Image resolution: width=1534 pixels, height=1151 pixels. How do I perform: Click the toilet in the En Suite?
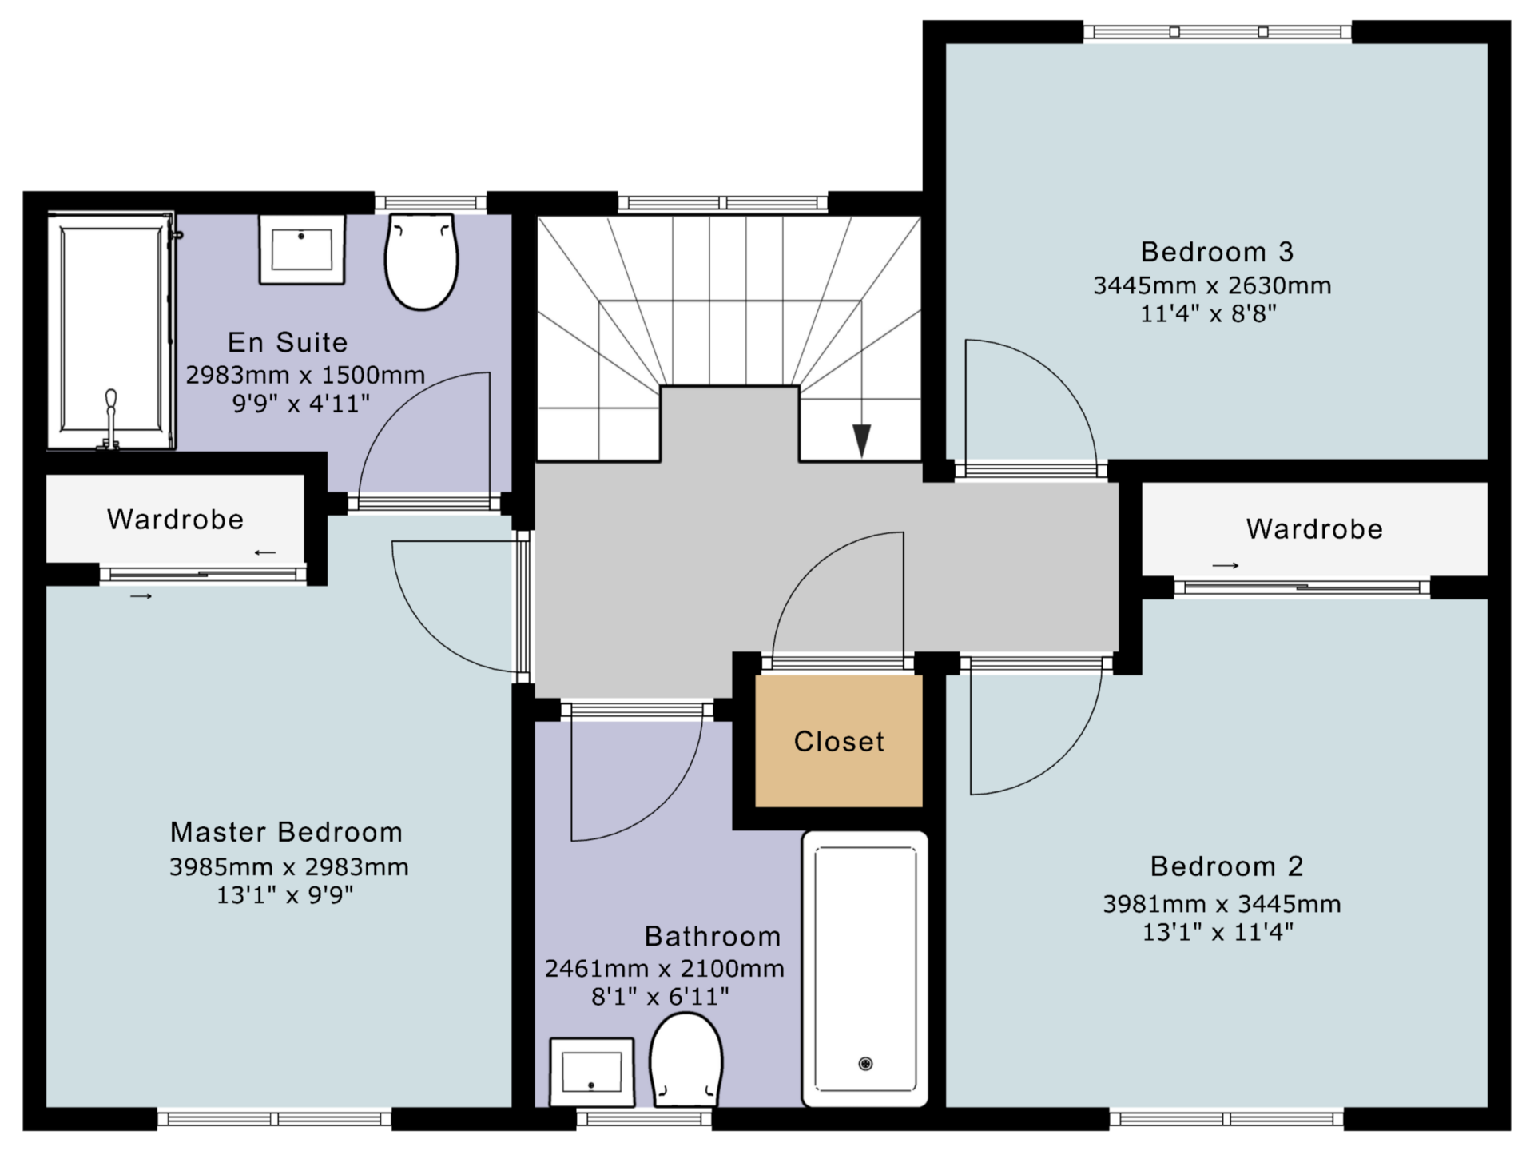pyautogui.click(x=421, y=261)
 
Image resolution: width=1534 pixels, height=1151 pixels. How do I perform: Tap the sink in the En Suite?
pyautogui.click(x=302, y=249)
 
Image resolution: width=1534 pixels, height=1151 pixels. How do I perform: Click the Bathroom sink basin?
pyautogui.click(x=592, y=1072)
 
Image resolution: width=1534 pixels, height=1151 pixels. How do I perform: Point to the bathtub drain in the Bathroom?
pyautogui.click(x=865, y=1064)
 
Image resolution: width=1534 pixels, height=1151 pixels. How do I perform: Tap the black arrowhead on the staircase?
pyautogui.click(x=861, y=440)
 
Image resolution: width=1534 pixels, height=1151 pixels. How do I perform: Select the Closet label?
pyautogui.click(x=839, y=742)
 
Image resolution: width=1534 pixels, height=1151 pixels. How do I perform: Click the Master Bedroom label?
pyautogui.click(x=286, y=832)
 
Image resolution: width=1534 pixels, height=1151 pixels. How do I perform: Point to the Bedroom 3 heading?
pyautogui.click(x=1217, y=252)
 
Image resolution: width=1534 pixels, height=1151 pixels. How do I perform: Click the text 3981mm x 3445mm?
pyautogui.click(x=1222, y=904)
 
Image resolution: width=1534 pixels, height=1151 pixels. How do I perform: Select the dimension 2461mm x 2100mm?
pyautogui.click(x=664, y=969)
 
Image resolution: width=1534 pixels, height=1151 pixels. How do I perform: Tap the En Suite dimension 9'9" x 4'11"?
pyautogui.click(x=301, y=404)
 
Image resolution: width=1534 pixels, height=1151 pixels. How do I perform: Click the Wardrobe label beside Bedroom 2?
pyautogui.click(x=1314, y=529)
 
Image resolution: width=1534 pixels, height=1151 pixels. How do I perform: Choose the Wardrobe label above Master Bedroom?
pyautogui.click(x=175, y=520)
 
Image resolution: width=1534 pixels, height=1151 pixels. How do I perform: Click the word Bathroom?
pyautogui.click(x=713, y=936)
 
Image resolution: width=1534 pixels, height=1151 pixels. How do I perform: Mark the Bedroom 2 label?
pyautogui.click(x=1226, y=866)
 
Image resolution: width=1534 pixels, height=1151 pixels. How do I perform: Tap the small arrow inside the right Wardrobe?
pyautogui.click(x=1226, y=566)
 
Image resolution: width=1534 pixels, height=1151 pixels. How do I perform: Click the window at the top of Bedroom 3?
pyautogui.click(x=1218, y=32)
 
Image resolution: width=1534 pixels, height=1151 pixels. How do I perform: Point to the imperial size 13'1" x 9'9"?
pyautogui.click(x=284, y=895)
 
